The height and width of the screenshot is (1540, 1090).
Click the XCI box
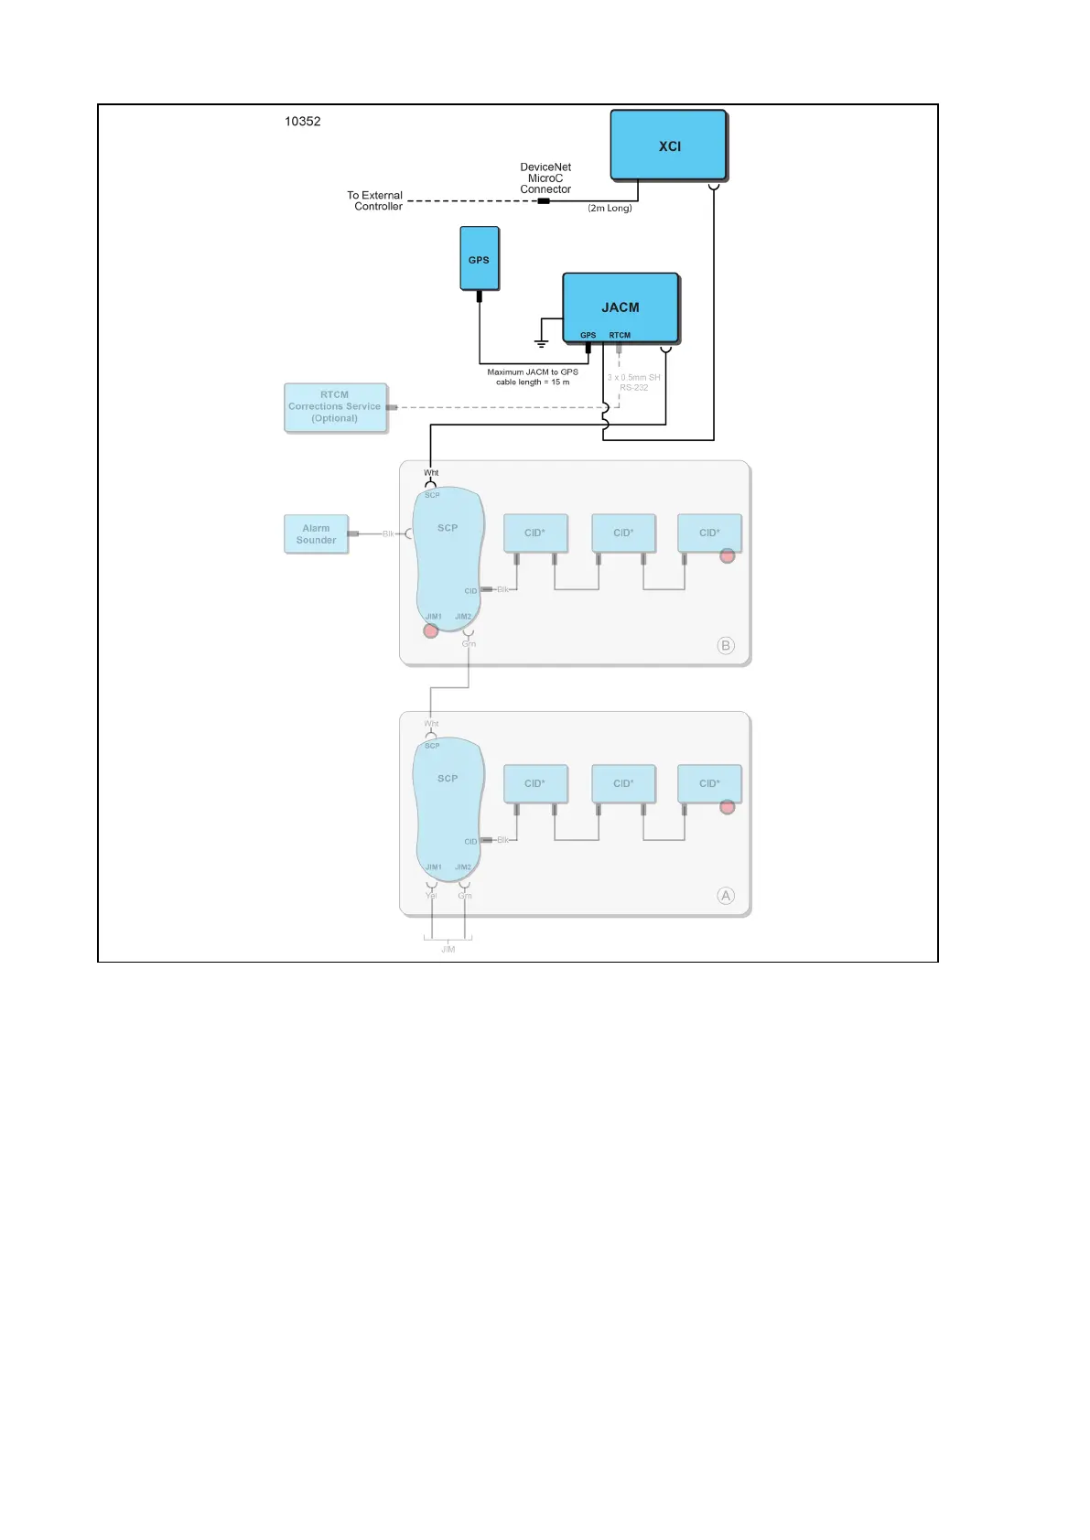pyautogui.click(x=668, y=145)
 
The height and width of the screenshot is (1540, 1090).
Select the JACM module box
pyautogui.click(x=621, y=307)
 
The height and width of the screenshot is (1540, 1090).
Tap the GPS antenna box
pyautogui.click(x=479, y=259)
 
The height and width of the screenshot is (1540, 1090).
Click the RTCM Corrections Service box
pyautogui.click(x=335, y=406)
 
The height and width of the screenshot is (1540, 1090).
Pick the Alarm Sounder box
pyautogui.click(x=316, y=534)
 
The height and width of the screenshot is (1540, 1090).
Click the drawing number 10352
pyautogui.click(x=302, y=121)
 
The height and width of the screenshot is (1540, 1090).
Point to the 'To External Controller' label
pyautogui.click(x=375, y=200)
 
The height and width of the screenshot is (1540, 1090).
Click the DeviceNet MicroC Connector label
pyautogui.click(x=545, y=178)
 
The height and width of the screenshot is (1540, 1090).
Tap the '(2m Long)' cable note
pyautogui.click(x=610, y=209)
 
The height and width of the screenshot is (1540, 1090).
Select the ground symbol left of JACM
pyautogui.click(x=541, y=342)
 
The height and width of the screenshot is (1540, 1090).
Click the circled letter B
pyautogui.click(x=726, y=645)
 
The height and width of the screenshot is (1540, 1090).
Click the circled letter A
pyautogui.click(x=726, y=896)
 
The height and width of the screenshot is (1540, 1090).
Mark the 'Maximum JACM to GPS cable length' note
pyautogui.click(x=533, y=377)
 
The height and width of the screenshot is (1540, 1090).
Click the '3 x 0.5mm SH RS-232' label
pyautogui.click(x=633, y=382)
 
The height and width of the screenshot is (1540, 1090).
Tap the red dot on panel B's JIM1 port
pyautogui.click(x=431, y=630)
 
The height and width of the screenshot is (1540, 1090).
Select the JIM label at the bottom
pyautogui.click(x=448, y=950)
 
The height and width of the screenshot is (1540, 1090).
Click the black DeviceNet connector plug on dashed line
pyautogui.click(x=544, y=201)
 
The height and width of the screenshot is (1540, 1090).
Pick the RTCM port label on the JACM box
pyautogui.click(x=620, y=335)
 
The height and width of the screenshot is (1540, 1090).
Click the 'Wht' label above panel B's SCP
pyautogui.click(x=431, y=473)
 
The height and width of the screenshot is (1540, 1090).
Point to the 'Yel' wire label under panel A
pyautogui.click(x=431, y=896)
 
